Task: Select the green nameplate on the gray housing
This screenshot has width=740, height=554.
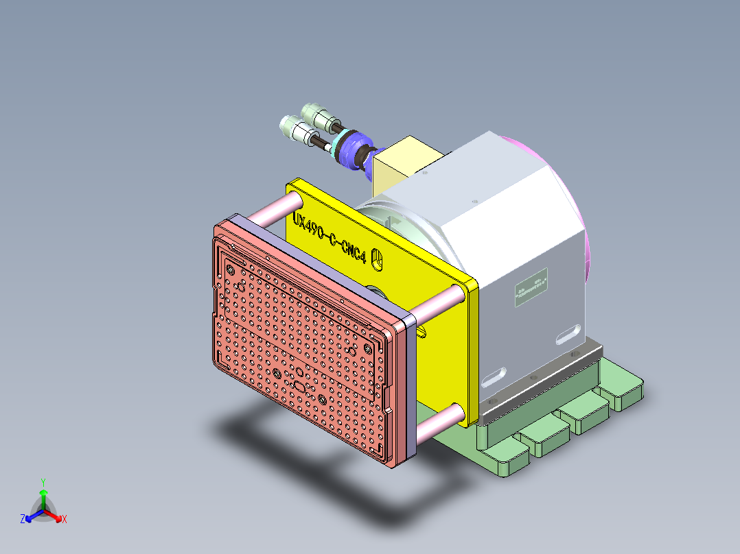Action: (533, 287)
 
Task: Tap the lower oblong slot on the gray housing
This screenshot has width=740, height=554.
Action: (495, 376)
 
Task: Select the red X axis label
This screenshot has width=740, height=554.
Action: (64, 520)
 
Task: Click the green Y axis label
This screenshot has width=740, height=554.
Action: (43, 481)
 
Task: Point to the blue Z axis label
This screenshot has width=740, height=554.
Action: (23, 520)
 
